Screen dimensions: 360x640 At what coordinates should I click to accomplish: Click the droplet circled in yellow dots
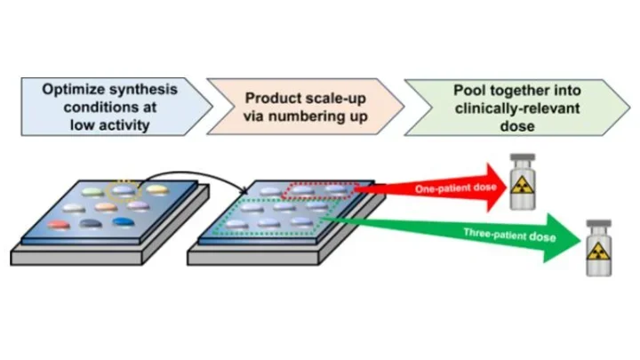pyautogui.click(x=122, y=189)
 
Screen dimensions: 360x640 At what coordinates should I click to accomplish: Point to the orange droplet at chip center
pyautogui.click(x=104, y=207)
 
